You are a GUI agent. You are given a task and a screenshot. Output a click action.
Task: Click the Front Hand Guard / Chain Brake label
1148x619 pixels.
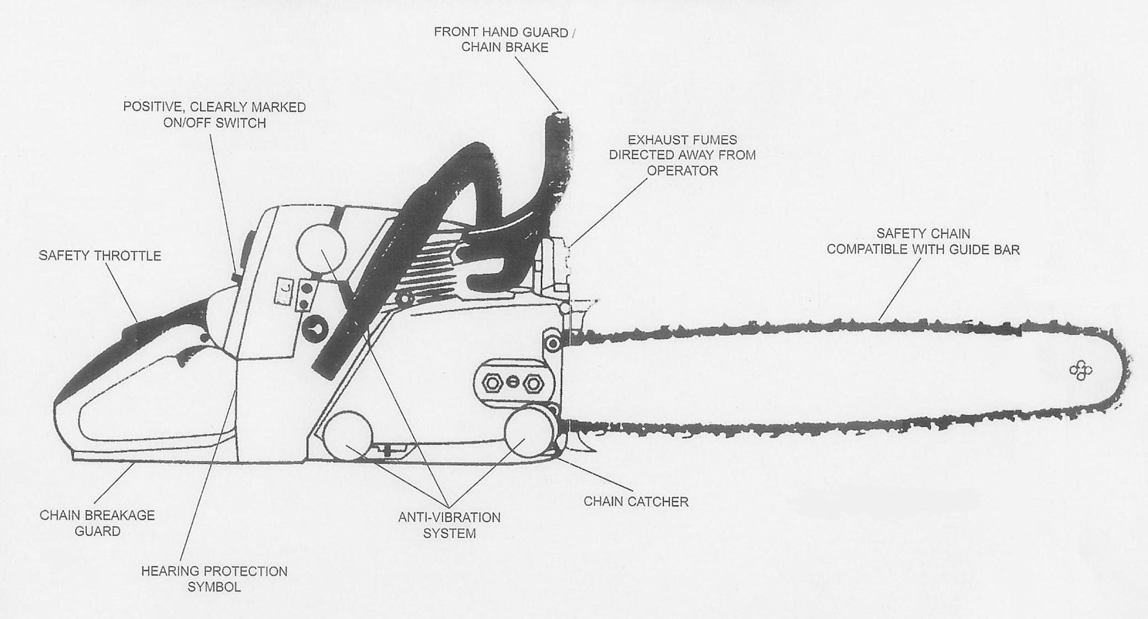504,40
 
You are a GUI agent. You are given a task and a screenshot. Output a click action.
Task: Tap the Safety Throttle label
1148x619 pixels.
99,255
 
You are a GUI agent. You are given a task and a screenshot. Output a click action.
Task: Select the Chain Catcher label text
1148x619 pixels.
636,502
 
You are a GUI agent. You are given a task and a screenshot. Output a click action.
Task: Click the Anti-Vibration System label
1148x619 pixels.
449,525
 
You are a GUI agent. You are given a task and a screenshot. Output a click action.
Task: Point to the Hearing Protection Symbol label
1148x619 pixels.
214,579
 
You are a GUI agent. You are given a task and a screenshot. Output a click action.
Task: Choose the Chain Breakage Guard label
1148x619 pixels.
97,523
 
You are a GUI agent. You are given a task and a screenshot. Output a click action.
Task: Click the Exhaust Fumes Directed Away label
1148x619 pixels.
682,155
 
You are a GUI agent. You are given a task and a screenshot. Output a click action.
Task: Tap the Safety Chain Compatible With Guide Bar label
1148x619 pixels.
922,242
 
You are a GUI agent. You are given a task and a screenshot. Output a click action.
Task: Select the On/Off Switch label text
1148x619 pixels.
214,114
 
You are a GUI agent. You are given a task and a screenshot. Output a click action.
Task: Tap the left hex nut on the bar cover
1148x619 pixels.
491,382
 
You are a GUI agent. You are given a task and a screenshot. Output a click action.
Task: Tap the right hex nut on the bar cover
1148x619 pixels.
533,383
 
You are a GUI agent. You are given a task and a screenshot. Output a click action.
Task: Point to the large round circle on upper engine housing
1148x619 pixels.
321,249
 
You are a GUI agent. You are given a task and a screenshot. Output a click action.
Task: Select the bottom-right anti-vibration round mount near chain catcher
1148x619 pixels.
529,432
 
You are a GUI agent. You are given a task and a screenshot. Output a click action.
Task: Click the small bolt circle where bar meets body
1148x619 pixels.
552,344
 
